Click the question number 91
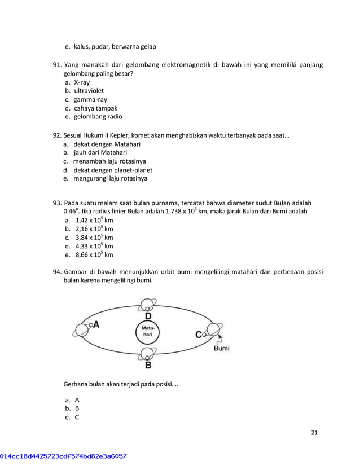coord(58,65)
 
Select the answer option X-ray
coord(82,82)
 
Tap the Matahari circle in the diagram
coord(147,332)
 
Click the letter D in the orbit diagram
coord(148,316)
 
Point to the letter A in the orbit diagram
coord(96,324)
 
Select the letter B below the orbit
coord(148,365)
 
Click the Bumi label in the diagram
coord(222,349)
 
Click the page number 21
coord(314,433)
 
